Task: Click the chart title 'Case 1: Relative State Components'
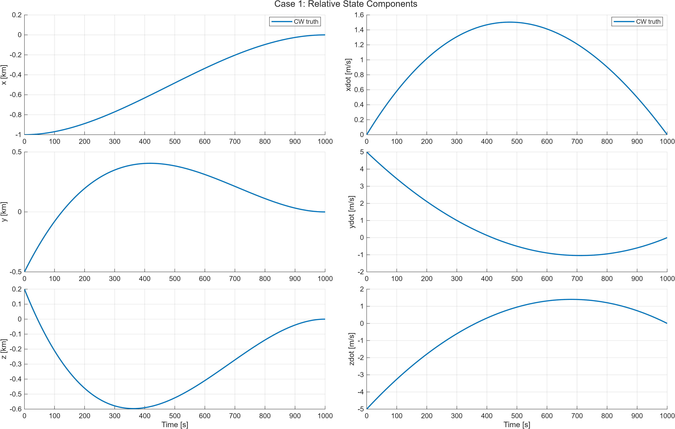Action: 345,4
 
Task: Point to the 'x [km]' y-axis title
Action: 4,75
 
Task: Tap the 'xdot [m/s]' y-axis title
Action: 348,75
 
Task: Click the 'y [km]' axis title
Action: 4,212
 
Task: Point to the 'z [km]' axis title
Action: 4,349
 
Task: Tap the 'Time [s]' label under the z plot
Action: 175,425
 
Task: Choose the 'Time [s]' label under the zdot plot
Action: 517,425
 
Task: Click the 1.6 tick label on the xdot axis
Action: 359,15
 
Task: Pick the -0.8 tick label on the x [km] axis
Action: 16,115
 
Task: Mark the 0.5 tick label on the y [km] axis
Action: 17,152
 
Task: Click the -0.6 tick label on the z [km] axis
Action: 16,409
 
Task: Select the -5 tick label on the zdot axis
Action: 361,409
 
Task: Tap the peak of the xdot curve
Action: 509,22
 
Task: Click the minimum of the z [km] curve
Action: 133,409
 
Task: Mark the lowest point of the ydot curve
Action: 580,255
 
